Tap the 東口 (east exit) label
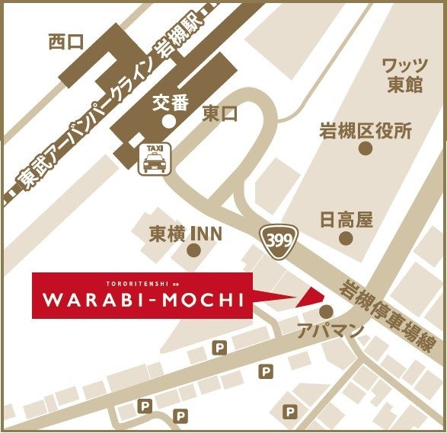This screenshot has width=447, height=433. tap(221, 114)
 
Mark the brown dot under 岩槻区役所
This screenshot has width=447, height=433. tap(366, 149)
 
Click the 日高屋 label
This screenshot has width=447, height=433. tap(346, 221)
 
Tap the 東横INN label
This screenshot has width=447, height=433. tap(186, 233)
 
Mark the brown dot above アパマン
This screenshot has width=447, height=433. tap(327, 311)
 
